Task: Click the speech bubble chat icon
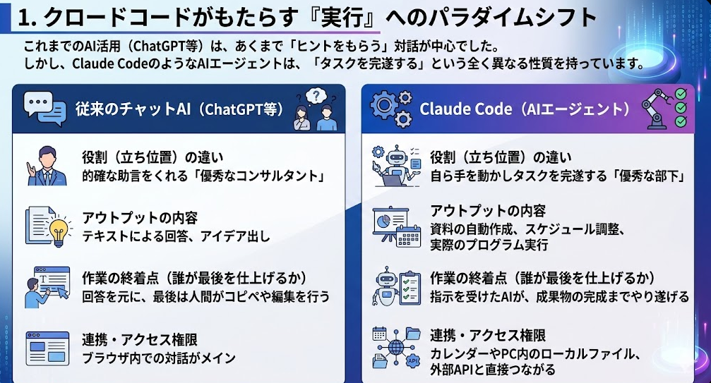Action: [x=45, y=109]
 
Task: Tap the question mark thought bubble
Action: [x=316, y=95]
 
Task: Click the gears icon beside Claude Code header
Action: [x=391, y=109]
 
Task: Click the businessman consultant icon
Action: [x=47, y=166]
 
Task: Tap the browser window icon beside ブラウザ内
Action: [x=47, y=348]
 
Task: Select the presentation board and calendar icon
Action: [x=396, y=226]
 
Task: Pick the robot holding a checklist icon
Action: [x=396, y=286]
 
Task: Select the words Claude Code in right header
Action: [x=465, y=109]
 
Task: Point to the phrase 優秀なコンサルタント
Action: [x=262, y=176]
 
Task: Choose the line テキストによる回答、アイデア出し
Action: [x=176, y=236]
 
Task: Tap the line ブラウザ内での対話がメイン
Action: [x=159, y=358]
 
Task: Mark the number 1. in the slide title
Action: [x=28, y=18]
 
